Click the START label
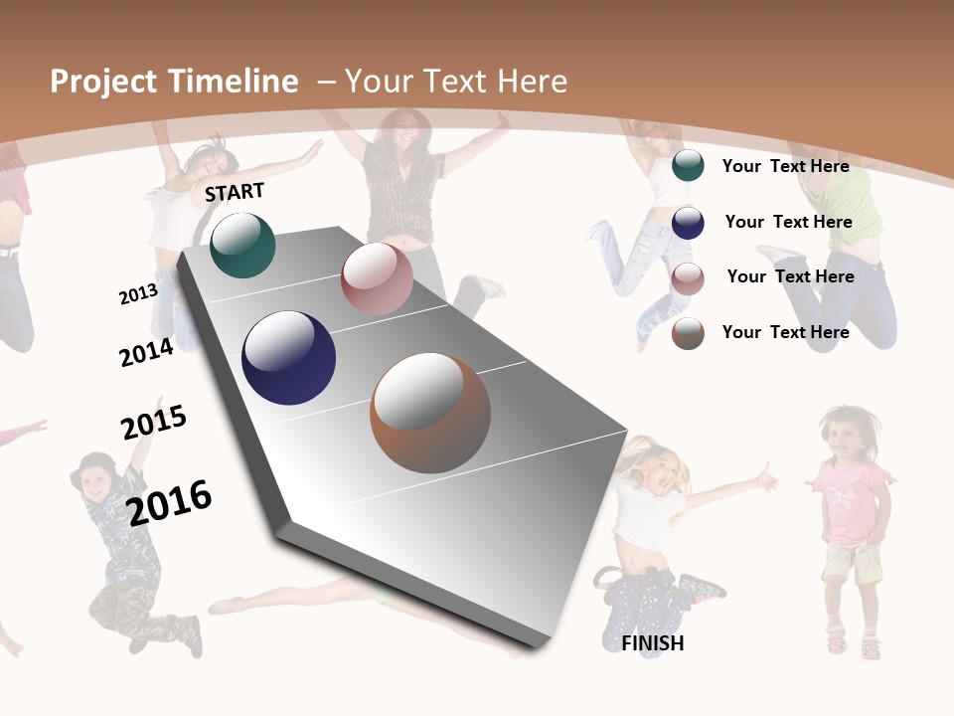235,192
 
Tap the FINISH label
653,643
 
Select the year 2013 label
138,294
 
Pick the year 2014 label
146,352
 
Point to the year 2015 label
154,422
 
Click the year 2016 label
169,502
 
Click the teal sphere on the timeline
242,245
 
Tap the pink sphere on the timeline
377,278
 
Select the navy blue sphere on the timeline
288,358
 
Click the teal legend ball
688,166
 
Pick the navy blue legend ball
688,222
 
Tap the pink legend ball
688,277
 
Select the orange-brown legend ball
688,333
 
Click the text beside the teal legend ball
785,166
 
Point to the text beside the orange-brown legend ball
785,332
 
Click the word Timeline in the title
234,82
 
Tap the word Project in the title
103,82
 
